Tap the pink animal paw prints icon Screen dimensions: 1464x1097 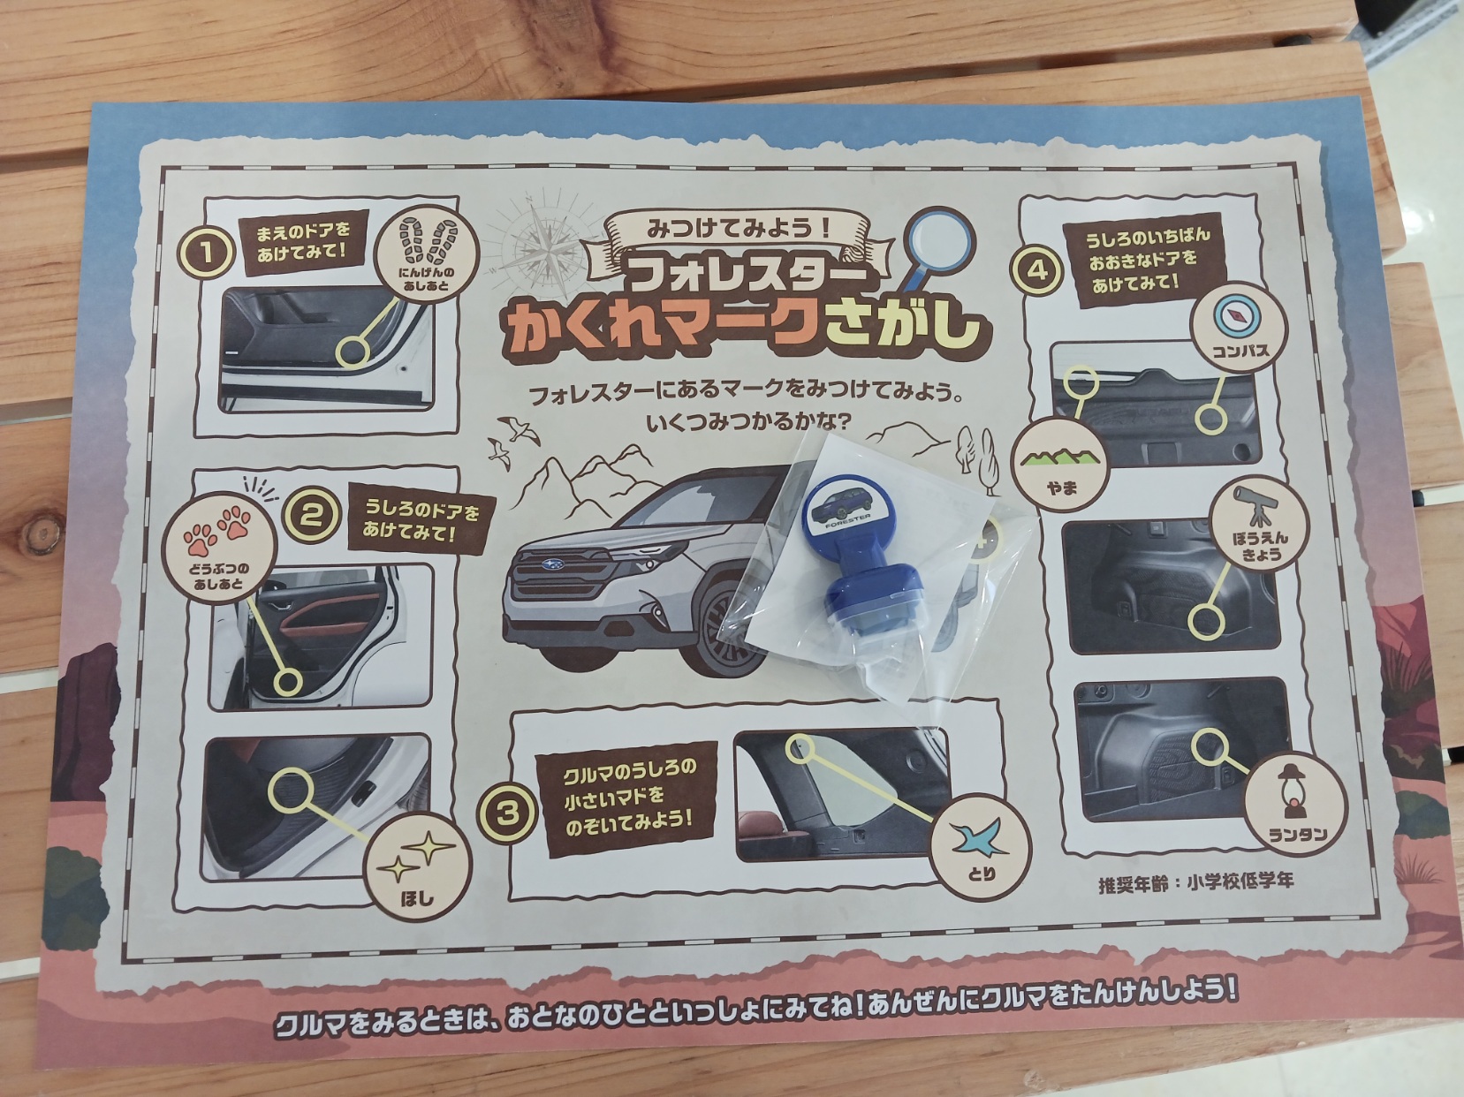coord(219,530)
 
